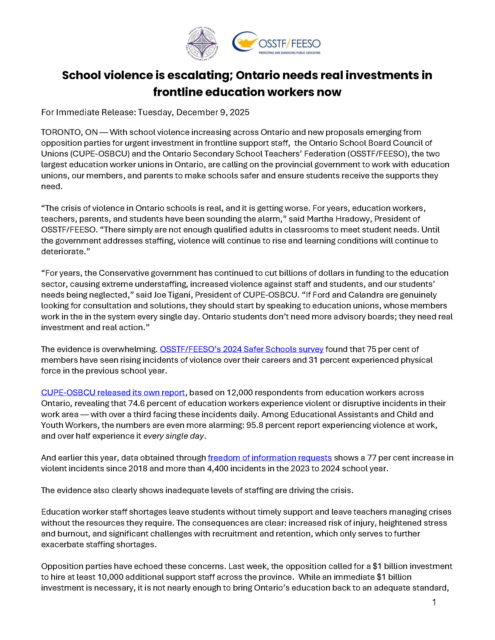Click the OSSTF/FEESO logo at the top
click(x=276, y=43)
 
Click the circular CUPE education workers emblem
click(x=202, y=44)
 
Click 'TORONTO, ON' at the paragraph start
click(x=69, y=132)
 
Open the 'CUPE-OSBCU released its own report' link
click(x=113, y=392)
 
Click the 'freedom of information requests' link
click(x=270, y=458)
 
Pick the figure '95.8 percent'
click(x=271, y=425)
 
